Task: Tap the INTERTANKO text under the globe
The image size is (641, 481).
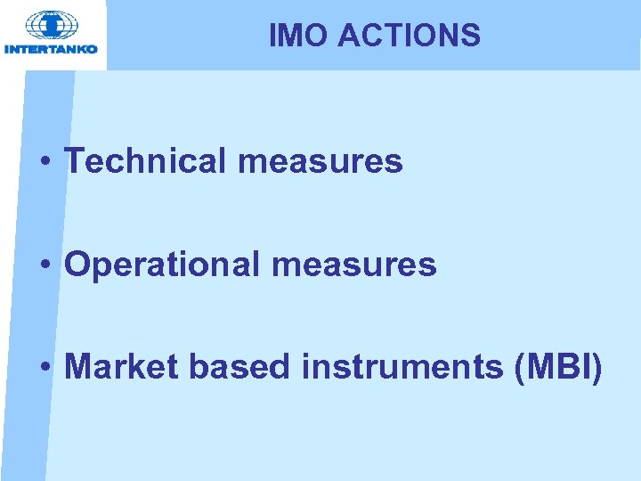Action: point(51,48)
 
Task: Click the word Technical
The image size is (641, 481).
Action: point(147,161)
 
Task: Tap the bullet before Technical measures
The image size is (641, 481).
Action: point(44,163)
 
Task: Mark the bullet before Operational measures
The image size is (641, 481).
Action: point(44,265)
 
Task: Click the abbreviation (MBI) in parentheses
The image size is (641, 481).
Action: point(558,366)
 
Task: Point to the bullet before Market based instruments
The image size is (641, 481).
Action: point(44,368)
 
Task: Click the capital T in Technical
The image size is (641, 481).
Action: point(76,161)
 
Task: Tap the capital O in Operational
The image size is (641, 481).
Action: point(78,265)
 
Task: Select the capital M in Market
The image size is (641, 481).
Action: point(80,366)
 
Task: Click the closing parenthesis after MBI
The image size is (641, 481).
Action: point(596,367)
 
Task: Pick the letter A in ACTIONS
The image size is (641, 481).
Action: point(350,36)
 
